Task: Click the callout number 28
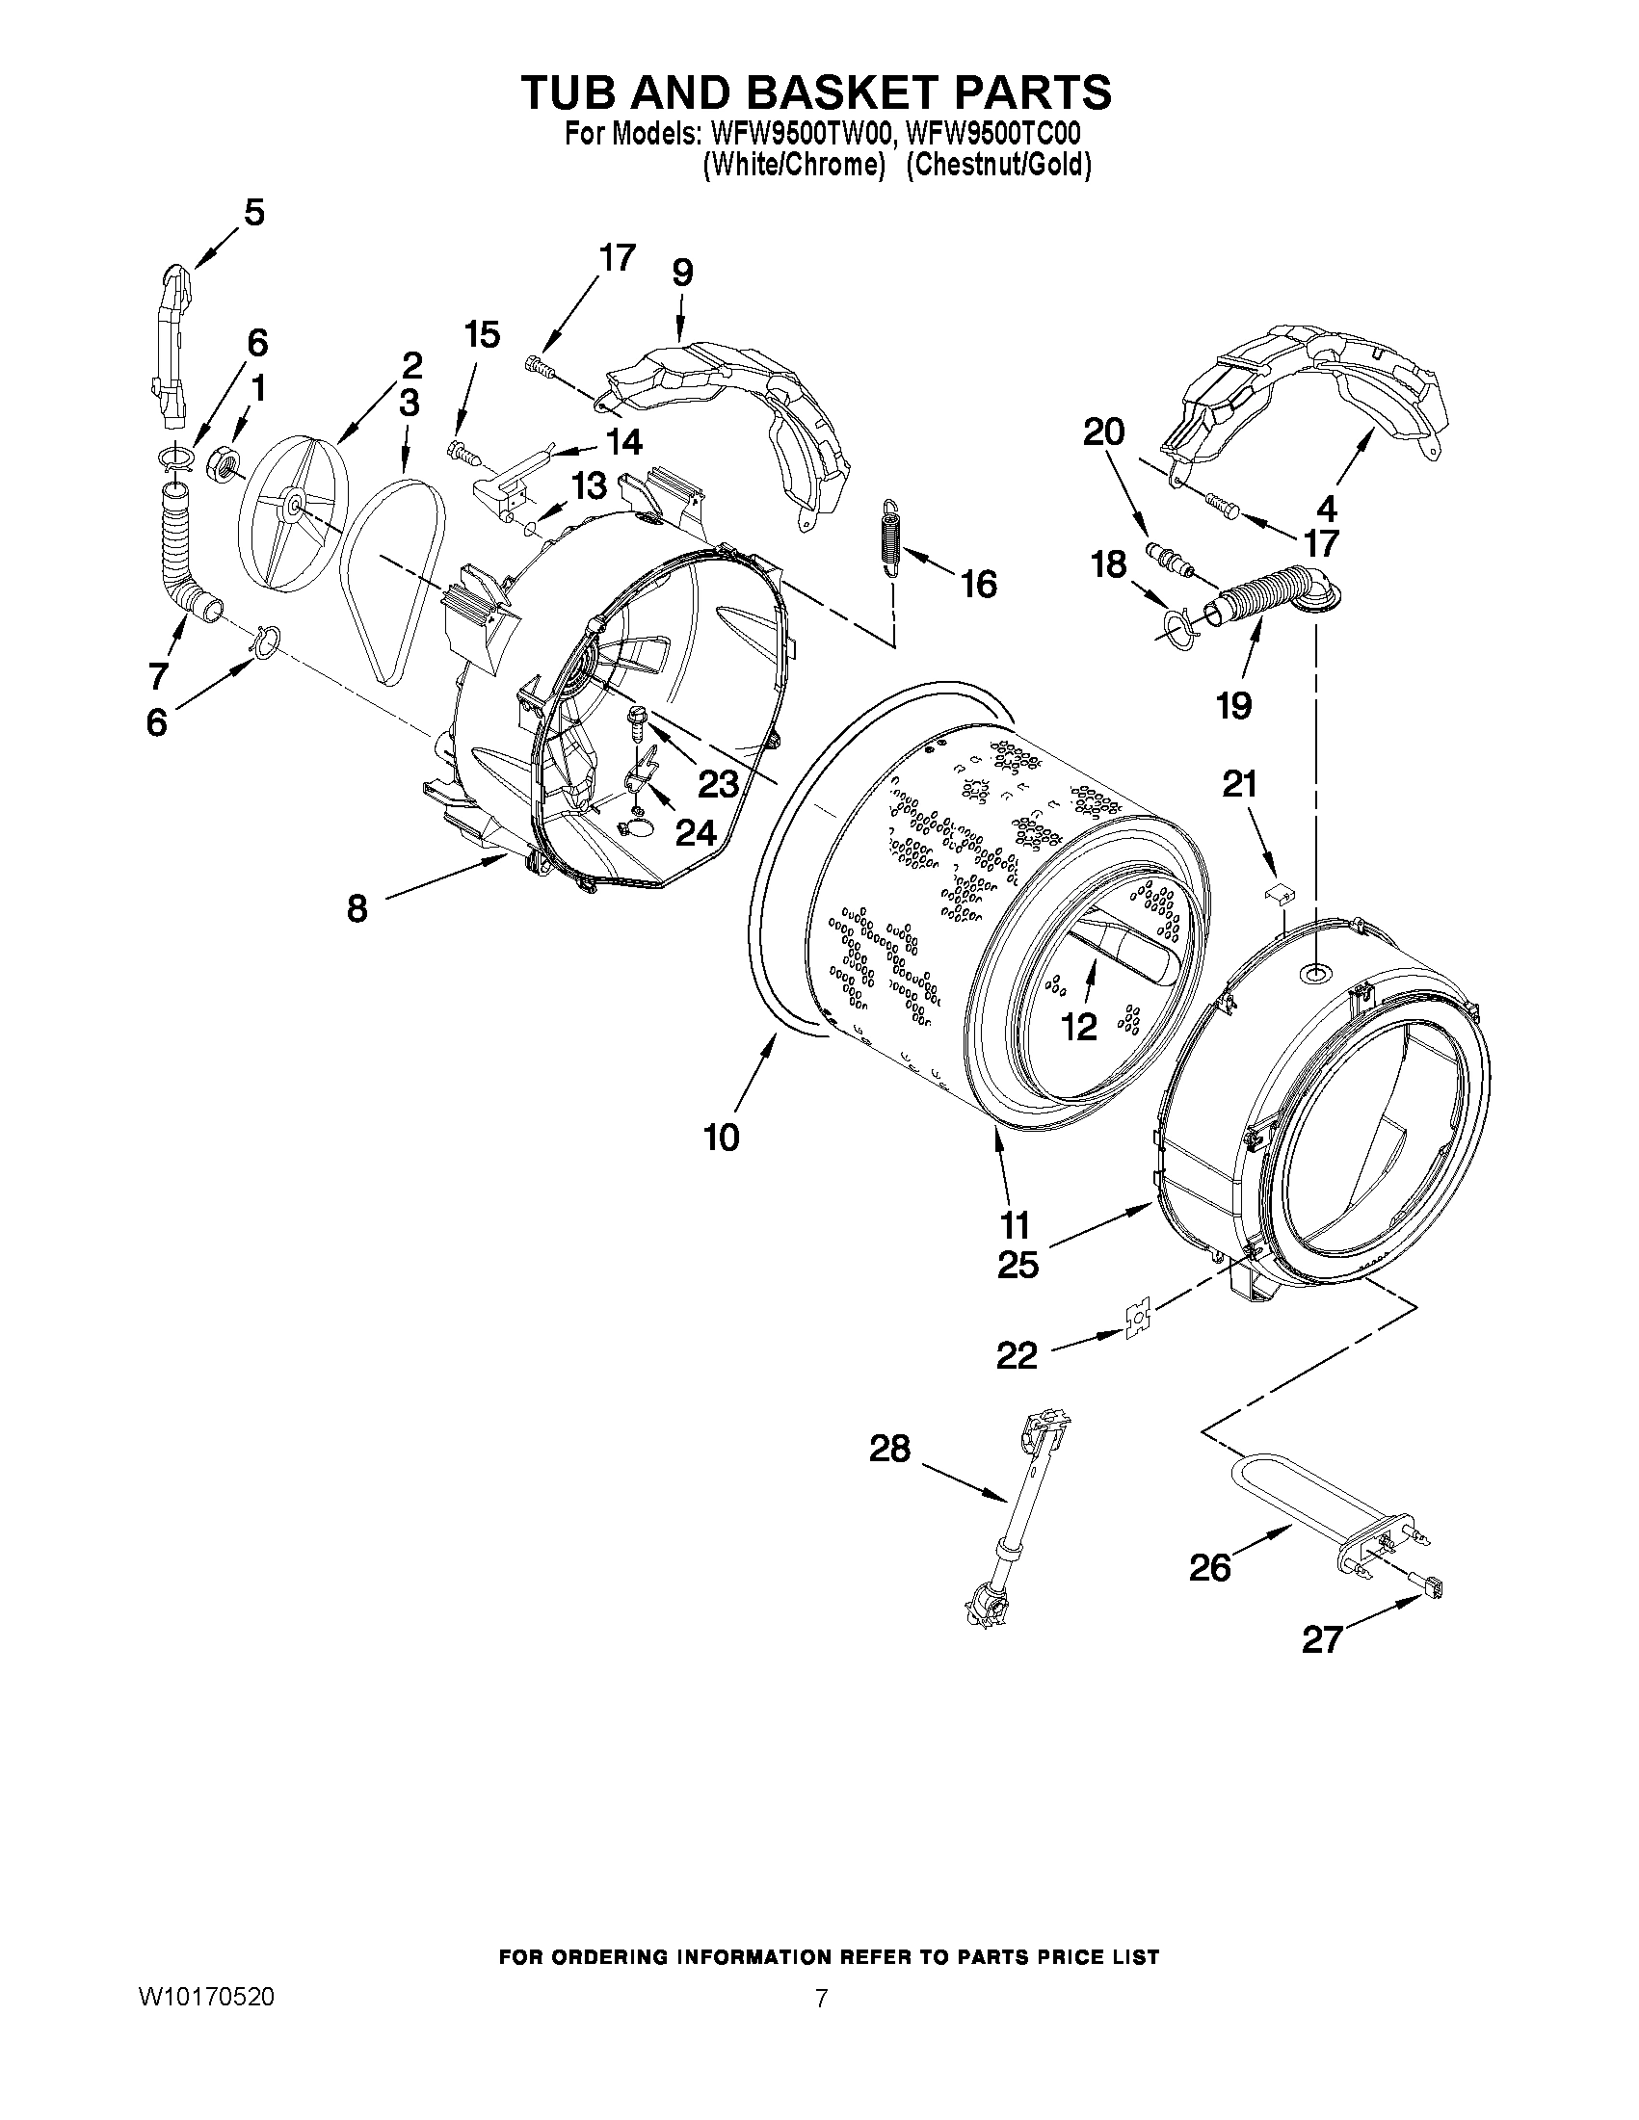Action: [889, 1450]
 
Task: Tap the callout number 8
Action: [357, 908]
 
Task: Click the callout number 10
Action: [722, 1136]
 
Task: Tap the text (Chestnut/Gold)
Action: [998, 165]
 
